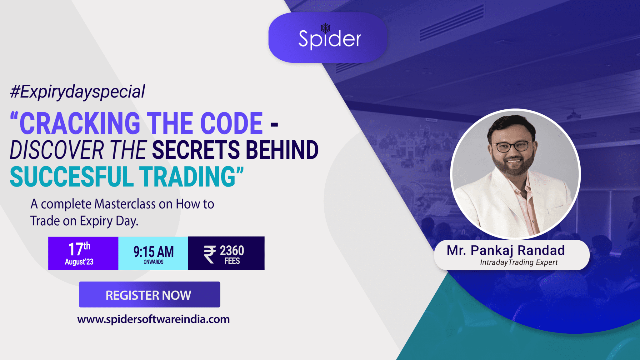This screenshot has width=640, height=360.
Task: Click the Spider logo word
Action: tap(330, 39)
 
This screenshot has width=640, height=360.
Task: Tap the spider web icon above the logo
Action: tap(326, 28)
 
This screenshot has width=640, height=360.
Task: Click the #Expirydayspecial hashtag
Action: tap(77, 92)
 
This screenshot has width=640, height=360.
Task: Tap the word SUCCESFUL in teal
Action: tap(72, 177)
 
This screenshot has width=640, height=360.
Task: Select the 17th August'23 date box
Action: tap(83, 253)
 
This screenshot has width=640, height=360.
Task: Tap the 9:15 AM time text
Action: tap(153, 252)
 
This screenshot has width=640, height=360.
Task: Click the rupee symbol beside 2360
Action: tap(210, 254)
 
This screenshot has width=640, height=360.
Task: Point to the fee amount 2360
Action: tap(232, 251)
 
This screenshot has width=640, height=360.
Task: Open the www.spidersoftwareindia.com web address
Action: tap(153, 319)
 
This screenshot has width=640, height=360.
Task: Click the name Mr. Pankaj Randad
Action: tap(506, 250)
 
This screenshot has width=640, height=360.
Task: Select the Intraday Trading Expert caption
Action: tap(519, 262)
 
